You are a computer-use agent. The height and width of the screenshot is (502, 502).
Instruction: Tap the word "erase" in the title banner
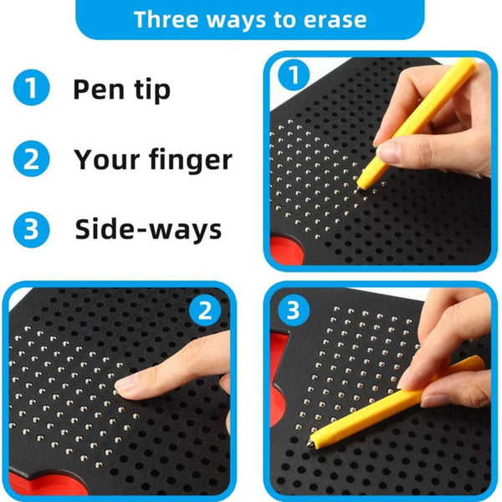[337, 19]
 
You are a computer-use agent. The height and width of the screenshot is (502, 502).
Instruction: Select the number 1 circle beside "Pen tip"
[29, 89]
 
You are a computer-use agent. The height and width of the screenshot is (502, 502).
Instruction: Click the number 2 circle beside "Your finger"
[29, 159]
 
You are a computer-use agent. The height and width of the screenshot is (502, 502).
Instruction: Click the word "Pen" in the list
[100, 89]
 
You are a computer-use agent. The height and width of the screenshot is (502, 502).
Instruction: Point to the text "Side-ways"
[148, 229]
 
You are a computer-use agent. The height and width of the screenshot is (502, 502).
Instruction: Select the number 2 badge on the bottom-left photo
[203, 311]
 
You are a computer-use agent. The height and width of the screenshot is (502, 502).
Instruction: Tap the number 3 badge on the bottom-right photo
[292, 311]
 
